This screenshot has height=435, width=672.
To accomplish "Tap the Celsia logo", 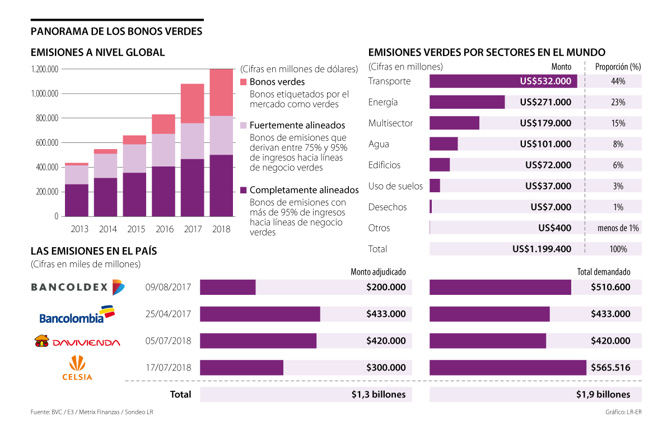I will [x=77, y=368].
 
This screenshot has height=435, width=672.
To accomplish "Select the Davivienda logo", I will [x=77, y=341].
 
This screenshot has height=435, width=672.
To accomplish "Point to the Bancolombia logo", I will [x=77, y=314].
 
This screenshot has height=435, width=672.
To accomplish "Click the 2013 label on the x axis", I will [x=80, y=229].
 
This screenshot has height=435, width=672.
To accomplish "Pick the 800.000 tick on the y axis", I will [x=44, y=118].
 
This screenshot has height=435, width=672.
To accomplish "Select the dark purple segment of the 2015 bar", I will [x=134, y=195].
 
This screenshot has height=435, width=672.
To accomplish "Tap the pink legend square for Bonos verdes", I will [x=243, y=82].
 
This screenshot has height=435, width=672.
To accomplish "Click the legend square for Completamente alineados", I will [x=243, y=190].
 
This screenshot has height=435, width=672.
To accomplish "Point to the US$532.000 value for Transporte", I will [x=545, y=81].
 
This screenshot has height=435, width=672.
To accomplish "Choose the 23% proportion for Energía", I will [x=618, y=103].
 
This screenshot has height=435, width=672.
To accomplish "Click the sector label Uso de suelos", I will [x=395, y=186].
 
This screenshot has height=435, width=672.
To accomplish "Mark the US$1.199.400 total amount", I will [x=542, y=249].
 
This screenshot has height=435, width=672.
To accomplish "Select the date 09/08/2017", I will [x=168, y=288].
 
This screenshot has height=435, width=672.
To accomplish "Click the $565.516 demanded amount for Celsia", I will [x=610, y=368].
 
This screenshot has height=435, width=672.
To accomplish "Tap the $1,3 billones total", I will [x=379, y=394].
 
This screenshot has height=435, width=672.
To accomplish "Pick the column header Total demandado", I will [x=604, y=272].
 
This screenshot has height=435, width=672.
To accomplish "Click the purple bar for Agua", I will [x=444, y=144].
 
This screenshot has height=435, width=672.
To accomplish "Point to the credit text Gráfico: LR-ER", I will [x=623, y=412].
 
